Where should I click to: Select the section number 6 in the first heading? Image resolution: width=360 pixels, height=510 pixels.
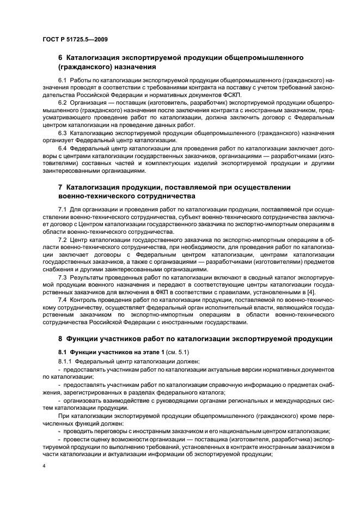coord(60,57)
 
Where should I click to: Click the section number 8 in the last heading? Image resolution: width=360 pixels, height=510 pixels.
coord(60,339)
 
